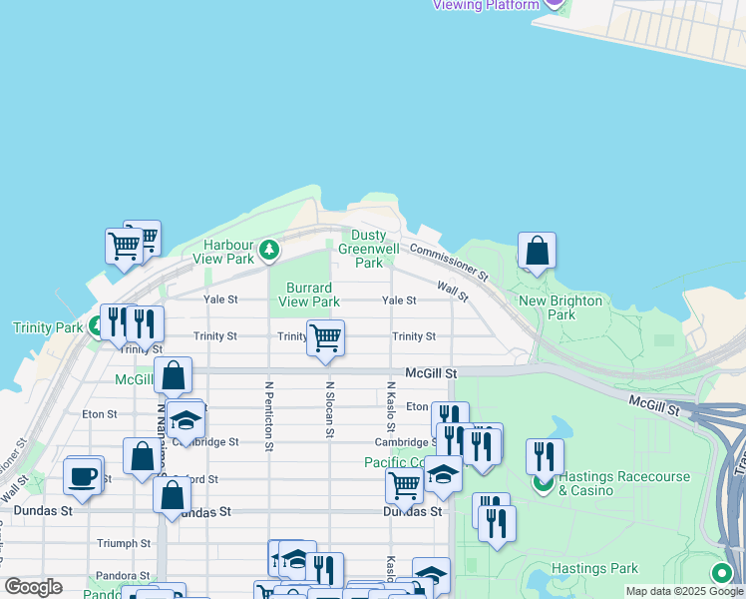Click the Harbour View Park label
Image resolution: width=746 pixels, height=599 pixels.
(x=228, y=252)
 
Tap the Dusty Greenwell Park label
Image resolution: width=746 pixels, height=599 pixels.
(x=368, y=249)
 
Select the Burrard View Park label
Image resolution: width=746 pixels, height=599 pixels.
(x=308, y=295)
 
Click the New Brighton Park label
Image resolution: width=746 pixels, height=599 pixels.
(x=560, y=307)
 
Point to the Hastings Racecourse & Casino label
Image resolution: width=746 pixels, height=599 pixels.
(x=623, y=483)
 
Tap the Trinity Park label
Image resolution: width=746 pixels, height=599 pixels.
(x=48, y=327)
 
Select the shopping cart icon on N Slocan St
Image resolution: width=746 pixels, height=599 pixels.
(x=325, y=338)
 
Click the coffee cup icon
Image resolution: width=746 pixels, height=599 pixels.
(x=83, y=475)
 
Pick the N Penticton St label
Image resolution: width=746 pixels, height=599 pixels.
(x=269, y=414)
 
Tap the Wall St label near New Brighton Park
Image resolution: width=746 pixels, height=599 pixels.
(x=453, y=291)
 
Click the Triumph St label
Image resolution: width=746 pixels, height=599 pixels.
(x=124, y=543)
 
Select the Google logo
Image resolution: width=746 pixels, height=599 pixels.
(x=33, y=587)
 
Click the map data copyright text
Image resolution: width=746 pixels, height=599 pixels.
(x=684, y=591)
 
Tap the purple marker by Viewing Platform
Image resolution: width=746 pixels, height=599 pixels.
(x=555, y=4)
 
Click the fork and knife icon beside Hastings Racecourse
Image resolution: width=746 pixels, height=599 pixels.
(x=544, y=456)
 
